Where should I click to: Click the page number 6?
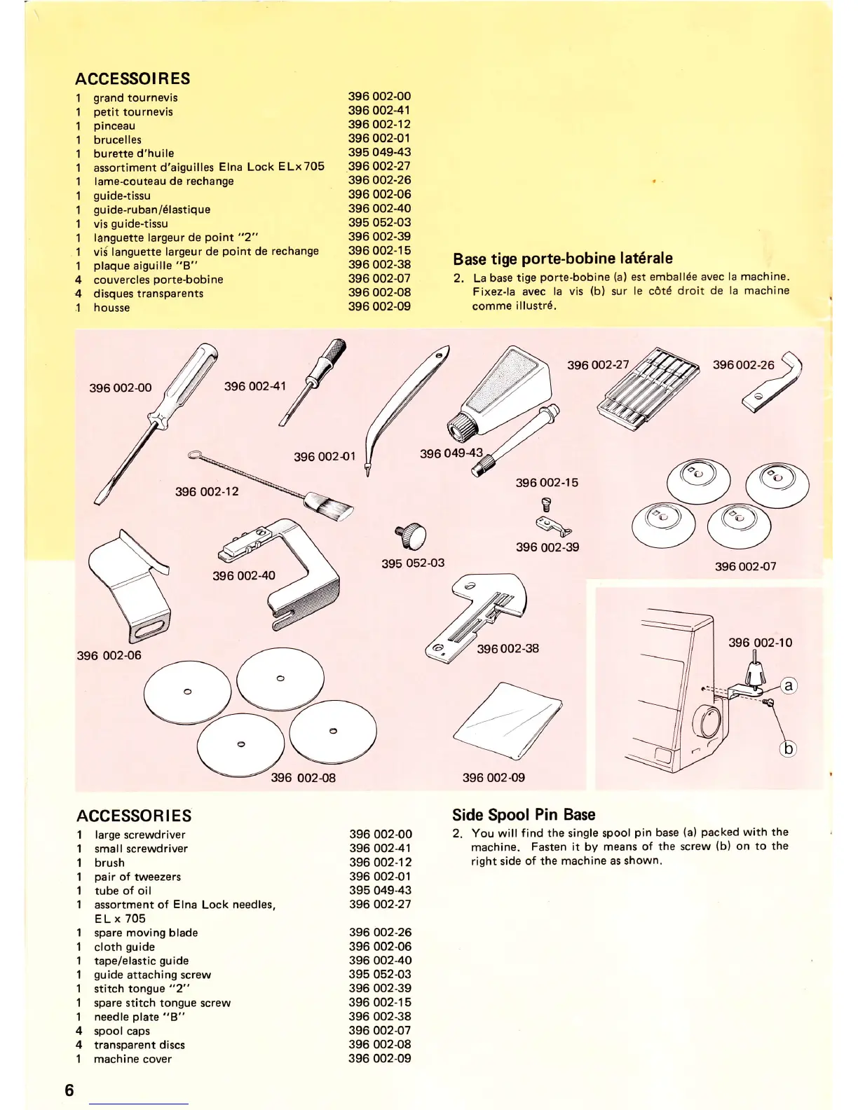[69, 1090]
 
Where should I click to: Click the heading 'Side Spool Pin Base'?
[524, 814]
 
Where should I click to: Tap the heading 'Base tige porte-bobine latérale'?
[562, 258]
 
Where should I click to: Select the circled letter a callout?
[788, 685]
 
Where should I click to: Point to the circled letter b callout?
[788, 749]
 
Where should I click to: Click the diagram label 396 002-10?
[760, 643]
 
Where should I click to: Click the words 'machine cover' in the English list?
[132, 1059]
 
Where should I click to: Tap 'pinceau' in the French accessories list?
[115, 125]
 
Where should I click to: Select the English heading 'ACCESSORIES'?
[134, 816]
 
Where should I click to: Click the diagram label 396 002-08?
[303, 777]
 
